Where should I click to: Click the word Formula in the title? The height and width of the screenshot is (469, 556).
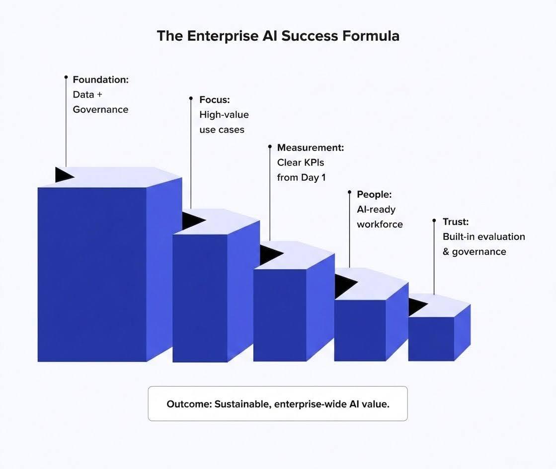371,36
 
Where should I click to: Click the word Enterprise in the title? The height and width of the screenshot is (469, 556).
223,36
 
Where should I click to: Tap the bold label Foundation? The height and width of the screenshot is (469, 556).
101,79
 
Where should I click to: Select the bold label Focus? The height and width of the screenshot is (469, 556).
215,100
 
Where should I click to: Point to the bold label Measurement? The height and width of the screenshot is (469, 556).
311,148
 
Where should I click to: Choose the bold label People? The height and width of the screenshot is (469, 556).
374,194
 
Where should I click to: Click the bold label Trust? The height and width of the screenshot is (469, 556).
456,222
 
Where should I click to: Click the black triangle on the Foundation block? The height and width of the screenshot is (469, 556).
64,175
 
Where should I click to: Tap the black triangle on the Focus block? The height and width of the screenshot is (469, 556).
193,221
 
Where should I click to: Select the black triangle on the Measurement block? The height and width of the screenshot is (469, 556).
271,254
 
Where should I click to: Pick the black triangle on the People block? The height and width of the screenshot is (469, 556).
345,286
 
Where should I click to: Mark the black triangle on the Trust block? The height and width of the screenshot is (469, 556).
417,307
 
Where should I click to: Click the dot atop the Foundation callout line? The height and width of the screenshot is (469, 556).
66,77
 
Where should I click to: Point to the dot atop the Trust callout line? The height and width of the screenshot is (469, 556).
434,221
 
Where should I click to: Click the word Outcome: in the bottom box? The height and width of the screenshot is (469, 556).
189,404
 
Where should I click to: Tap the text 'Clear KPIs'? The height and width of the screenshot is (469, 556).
301,162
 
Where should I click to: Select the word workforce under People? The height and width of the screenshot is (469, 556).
380,224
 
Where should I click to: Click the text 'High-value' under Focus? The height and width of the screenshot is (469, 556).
224,115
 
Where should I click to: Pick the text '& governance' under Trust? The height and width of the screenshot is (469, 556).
475,252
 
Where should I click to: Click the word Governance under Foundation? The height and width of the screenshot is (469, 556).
101,109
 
